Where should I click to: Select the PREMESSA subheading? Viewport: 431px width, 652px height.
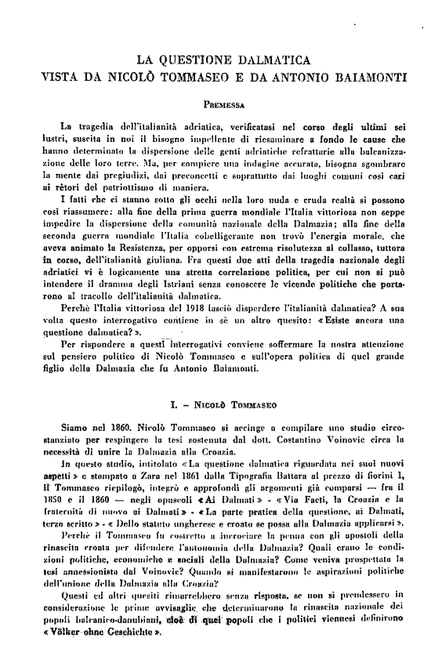point(223,103)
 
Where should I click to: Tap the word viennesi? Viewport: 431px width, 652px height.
point(335,627)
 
